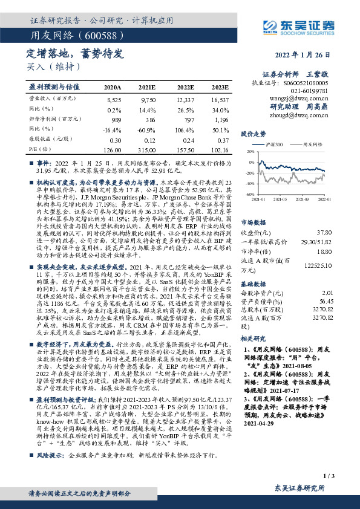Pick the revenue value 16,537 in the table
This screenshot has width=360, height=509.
coord(220,98)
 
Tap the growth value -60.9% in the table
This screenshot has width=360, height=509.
coord(146,129)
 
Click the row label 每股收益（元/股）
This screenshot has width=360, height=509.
coord(48,139)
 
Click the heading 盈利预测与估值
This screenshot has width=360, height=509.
coord(57,87)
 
